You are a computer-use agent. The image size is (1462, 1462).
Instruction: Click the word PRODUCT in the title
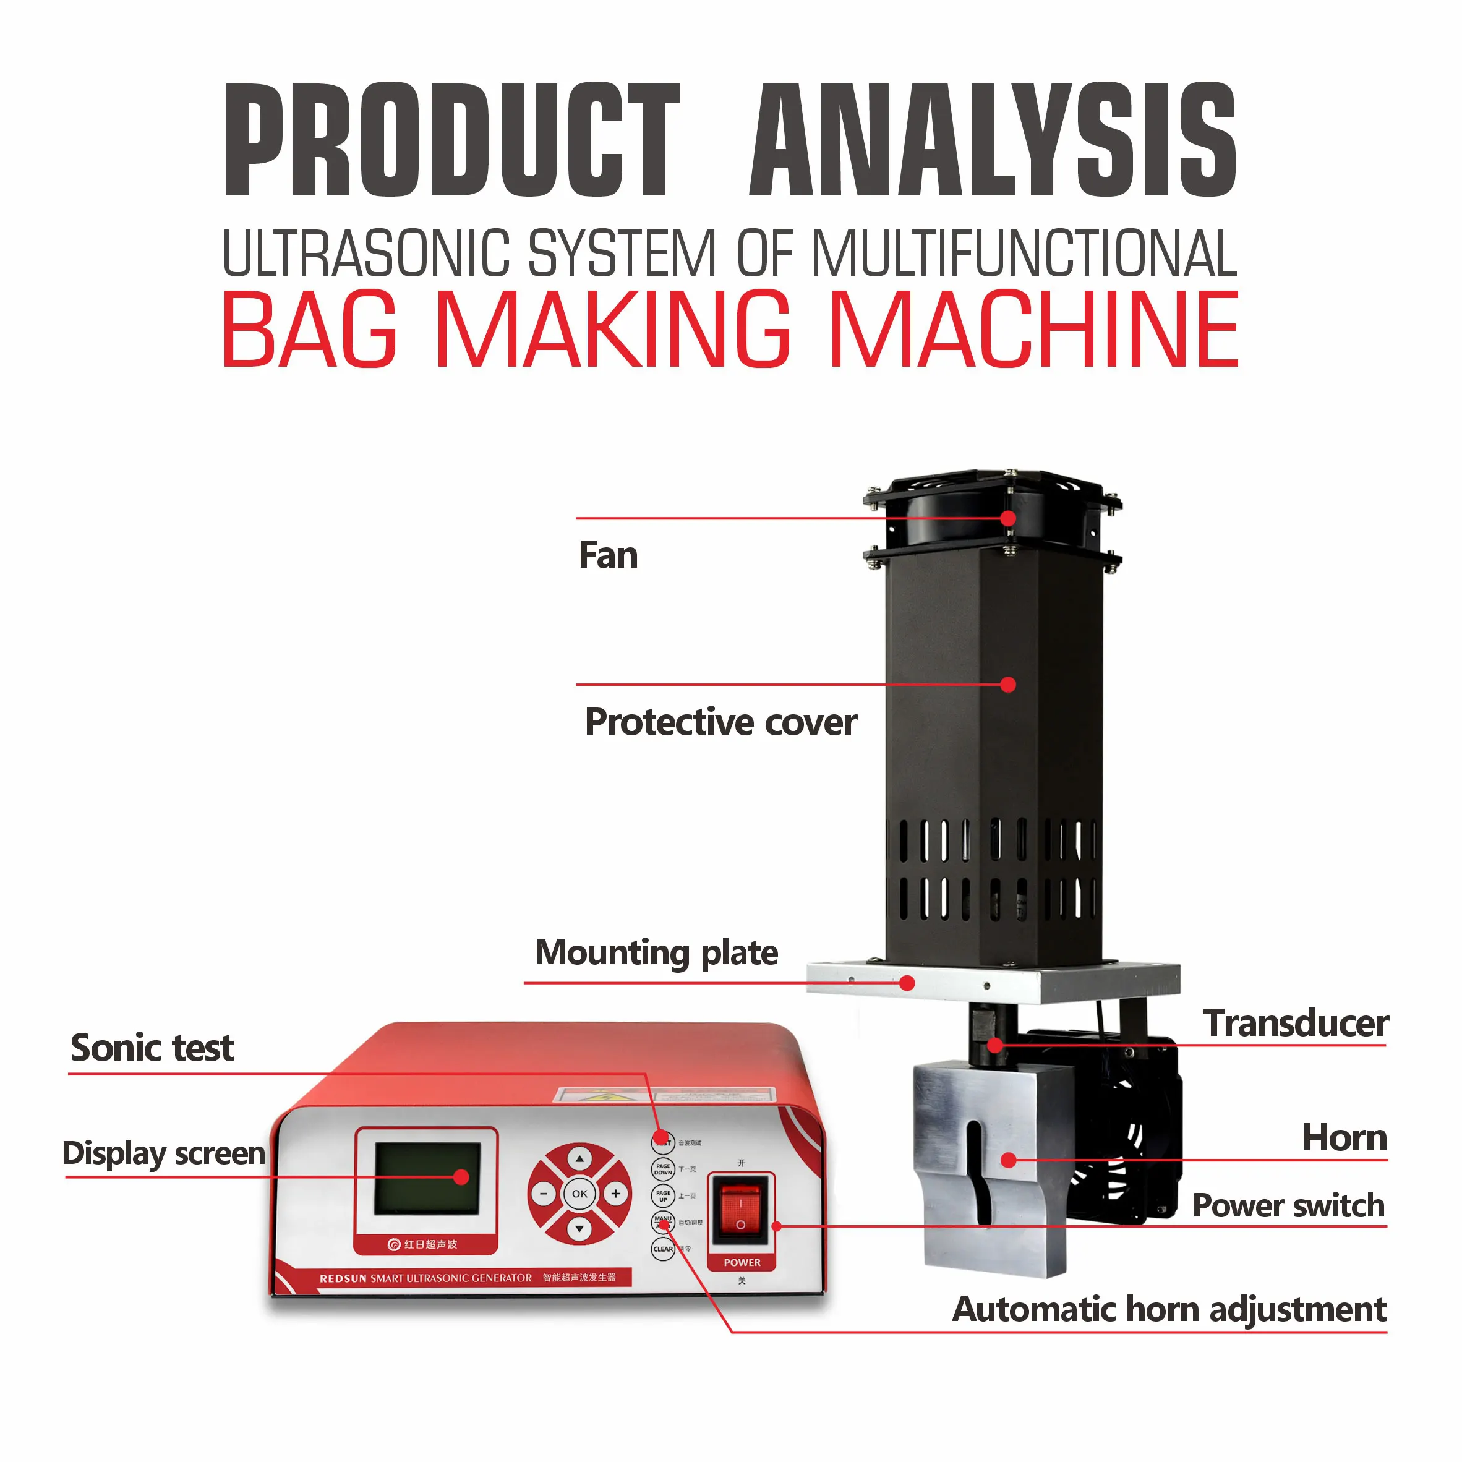tap(453, 141)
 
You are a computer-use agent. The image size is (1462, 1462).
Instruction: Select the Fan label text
tap(608, 555)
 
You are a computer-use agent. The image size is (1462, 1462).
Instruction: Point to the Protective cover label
tap(720, 722)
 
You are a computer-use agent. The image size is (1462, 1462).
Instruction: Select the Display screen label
tap(163, 1153)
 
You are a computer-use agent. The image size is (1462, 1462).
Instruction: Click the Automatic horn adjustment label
tap(1168, 1309)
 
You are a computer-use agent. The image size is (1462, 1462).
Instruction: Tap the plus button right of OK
tap(616, 1194)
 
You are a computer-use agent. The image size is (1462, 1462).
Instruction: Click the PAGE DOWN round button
tap(663, 1169)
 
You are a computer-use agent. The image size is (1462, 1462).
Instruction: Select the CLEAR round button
tap(663, 1249)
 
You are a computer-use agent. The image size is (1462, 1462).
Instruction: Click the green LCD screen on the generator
tap(427, 1178)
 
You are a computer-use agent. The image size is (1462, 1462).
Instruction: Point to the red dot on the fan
tap(1008, 518)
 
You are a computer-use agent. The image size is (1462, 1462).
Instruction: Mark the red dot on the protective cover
tap(1008, 685)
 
